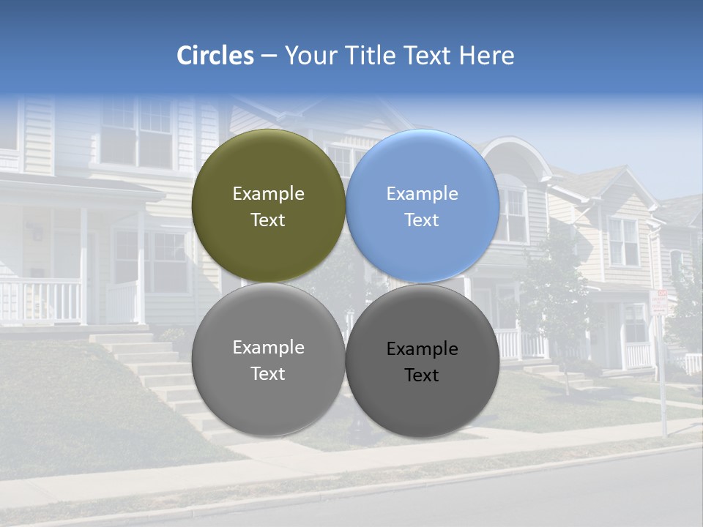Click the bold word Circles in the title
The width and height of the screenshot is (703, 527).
[x=215, y=56]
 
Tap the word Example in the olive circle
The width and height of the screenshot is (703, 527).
[x=268, y=194]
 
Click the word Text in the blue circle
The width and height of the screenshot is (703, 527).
[x=422, y=220]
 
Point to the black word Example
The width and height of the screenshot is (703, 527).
[x=423, y=349]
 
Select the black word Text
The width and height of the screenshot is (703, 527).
[x=422, y=375]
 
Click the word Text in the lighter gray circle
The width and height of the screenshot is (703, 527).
[x=268, y=374]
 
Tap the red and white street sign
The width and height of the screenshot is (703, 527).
[x=659, y=302]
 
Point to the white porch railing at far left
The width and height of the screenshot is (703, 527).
[x=40, y=300]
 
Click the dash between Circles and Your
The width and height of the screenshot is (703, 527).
[x=269, y=56]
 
